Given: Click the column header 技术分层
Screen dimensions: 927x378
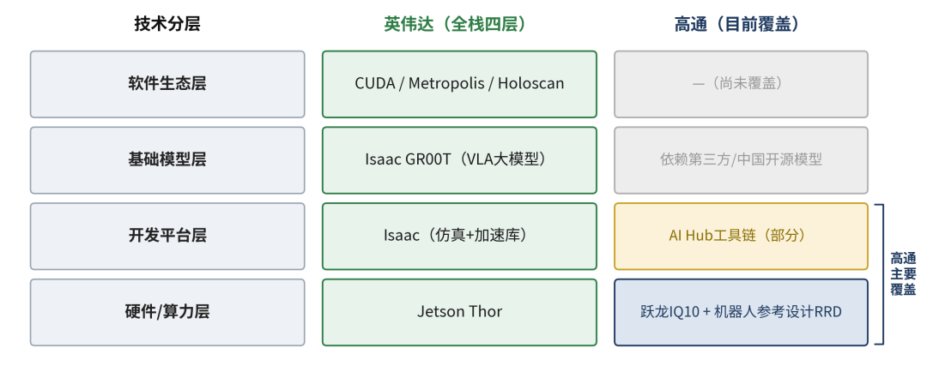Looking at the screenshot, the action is click(167, 24).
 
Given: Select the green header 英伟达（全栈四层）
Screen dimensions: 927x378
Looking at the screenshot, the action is click(455, 24).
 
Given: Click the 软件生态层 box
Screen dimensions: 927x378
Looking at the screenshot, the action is click(167, 84).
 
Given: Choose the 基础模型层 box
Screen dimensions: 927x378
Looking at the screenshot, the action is click(167, 160).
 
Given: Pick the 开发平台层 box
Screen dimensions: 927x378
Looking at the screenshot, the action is click(167, 237).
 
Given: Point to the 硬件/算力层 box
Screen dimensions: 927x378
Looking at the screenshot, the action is click(167, 313).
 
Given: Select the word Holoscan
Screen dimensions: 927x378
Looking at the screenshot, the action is click(531, 83).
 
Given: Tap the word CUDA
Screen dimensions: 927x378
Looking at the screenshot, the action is click(375, 83).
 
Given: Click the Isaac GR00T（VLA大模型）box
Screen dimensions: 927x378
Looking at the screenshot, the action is click(459, 160).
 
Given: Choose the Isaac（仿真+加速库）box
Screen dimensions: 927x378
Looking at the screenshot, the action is click(459, 237).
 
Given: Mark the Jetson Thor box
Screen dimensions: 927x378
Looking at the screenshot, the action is click(459, 313).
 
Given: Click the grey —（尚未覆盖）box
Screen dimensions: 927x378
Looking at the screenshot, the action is click(742, 84).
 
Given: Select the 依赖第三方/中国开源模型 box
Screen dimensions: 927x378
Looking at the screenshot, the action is click(742, 160).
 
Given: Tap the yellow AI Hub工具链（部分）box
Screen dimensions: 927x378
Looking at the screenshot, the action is click(742, 237).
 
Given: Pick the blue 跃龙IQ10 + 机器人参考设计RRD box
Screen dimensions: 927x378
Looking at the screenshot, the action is click(742, 313).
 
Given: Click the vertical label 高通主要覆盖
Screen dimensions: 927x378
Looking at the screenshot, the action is click(903, 274).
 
